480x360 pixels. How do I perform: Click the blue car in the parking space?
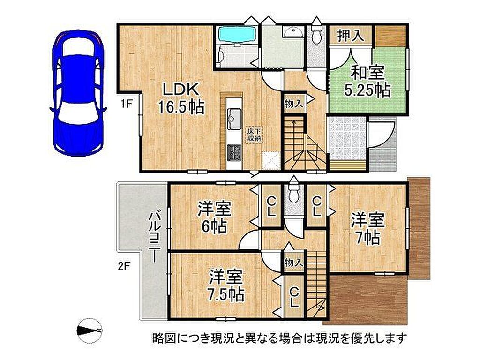78,93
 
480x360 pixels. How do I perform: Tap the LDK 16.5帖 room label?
180,98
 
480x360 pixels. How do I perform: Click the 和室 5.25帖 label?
367,82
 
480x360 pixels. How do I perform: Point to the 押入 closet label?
351,36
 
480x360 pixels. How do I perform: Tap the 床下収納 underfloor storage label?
255,135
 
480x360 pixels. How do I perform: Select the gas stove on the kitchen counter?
234,153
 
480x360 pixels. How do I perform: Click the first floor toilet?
316,33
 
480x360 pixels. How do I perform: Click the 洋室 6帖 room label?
214,217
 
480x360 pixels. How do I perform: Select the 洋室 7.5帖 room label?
226,285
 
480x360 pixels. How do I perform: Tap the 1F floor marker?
125,104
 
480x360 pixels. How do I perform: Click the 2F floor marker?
124,266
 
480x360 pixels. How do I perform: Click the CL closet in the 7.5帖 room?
294,297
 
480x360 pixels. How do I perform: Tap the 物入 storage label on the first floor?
294,104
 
